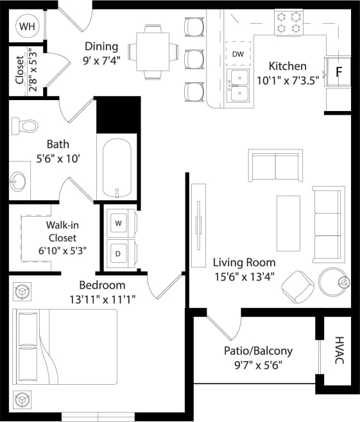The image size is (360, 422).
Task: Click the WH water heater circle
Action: click(27, 26)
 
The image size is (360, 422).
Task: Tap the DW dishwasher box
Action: click(238, 54)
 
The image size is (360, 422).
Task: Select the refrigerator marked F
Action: click(339, 71)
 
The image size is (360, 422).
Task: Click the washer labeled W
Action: click(119, 223)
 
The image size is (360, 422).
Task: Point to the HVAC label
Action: click(339, 351)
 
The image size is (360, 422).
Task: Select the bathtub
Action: click(117, 168)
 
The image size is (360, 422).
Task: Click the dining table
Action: click(152, 51)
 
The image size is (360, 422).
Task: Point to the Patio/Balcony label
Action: click(258, 351)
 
